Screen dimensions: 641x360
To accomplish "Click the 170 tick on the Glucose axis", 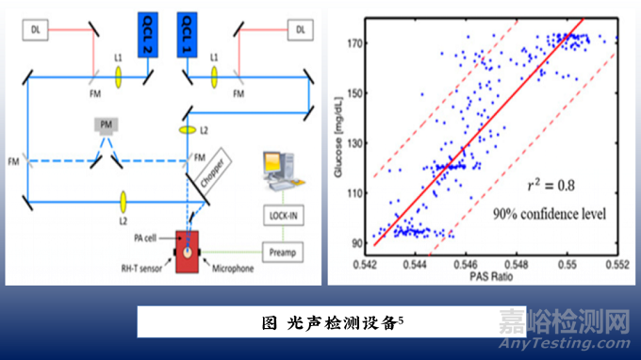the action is (357, 44).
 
